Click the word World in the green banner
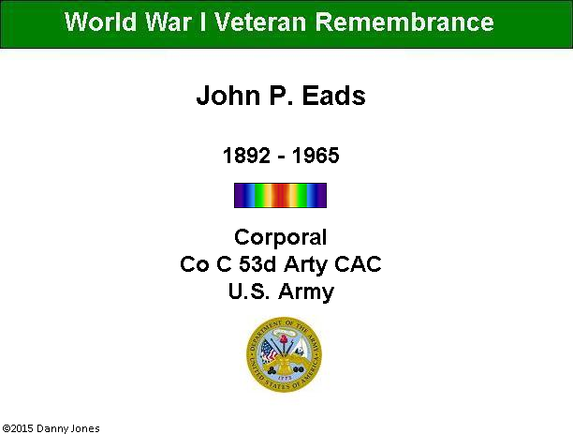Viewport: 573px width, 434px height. point(100,22)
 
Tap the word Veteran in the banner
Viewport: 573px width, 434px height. point(260,22)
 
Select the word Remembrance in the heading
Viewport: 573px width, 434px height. point(404,22)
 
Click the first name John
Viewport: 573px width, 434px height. point(228,96)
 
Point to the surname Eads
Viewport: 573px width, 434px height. point(333,96)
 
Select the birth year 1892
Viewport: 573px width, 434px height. point(246,156)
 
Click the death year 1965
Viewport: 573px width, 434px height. point(316,156)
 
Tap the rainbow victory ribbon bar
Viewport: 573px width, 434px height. point(280,195)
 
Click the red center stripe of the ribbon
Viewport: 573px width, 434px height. point(280,195)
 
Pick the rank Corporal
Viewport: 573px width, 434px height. point(280,238)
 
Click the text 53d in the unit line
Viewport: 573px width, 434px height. point(257,263)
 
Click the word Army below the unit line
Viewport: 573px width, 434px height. point(306,292)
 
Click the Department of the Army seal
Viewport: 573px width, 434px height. point(284,354)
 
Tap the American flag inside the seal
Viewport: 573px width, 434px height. point(269,351)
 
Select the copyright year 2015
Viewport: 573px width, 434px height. point(22,428)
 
